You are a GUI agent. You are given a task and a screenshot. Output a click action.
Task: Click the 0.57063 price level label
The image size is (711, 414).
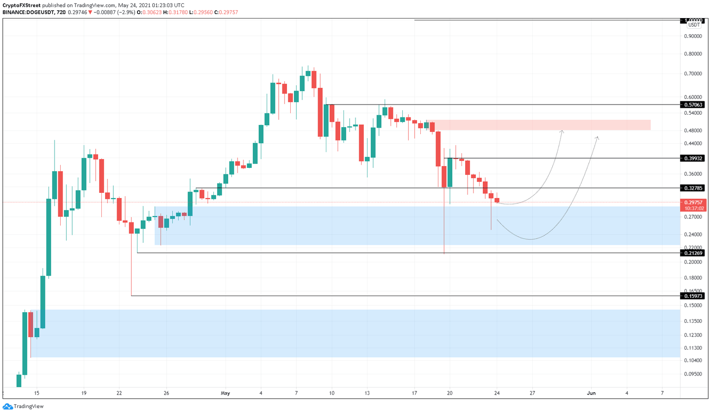coord(693,105)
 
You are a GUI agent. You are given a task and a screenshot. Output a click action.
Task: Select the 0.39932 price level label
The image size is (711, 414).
coord(693,158)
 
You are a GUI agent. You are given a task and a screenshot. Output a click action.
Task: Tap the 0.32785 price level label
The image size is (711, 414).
coord(693,188)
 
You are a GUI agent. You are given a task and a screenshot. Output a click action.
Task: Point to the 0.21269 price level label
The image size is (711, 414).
coord(693,253)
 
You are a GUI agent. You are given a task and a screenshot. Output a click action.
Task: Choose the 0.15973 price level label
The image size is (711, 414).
coord(693,296)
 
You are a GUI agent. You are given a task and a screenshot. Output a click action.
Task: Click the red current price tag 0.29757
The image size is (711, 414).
coord(693,203)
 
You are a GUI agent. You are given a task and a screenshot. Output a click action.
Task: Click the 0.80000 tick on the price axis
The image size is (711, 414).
coord(693,54)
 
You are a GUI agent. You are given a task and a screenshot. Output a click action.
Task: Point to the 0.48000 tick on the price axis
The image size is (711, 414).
coord(693,130)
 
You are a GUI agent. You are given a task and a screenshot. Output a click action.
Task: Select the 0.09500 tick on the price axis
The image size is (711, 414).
coord(693,374)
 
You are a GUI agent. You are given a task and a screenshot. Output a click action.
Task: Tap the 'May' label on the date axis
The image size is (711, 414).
coord(225,393)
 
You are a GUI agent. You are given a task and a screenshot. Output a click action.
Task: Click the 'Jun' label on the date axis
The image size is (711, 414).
coord(591,393)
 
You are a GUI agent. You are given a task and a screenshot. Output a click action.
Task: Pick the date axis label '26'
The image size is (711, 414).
coord(166,393)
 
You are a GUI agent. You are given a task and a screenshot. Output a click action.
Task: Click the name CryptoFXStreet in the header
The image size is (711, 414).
coord(21,6)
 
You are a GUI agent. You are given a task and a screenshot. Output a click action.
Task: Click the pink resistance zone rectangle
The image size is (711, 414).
coord(542,125)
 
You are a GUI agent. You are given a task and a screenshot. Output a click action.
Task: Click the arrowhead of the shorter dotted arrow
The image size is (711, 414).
coord(562,132)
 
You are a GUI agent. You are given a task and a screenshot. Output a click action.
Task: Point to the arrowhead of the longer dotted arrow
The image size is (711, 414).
coord(597,138)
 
